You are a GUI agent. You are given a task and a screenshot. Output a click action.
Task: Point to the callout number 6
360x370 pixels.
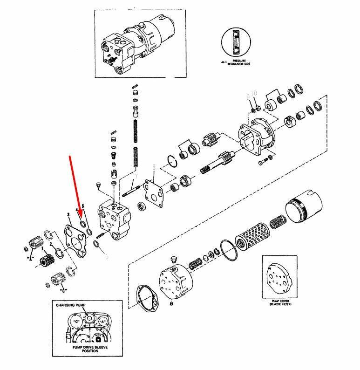point(106,256)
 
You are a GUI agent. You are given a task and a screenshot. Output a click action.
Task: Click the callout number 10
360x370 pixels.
point(254,94)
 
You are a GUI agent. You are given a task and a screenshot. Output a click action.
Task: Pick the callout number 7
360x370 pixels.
point(136,177)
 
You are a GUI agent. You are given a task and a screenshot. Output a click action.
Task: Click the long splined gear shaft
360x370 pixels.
point(219,165)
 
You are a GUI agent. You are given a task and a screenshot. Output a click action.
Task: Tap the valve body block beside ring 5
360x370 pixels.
point(114,219)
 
